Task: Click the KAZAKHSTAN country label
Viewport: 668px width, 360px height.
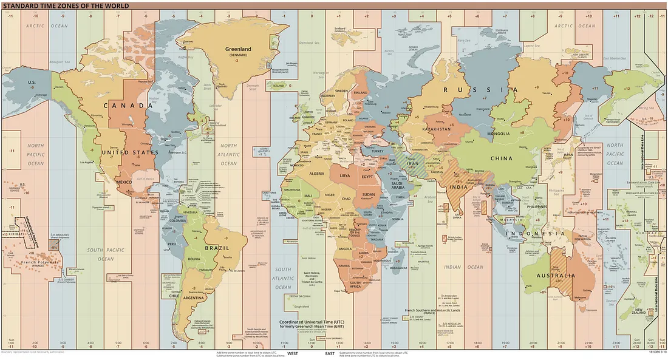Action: (x=435, y=129)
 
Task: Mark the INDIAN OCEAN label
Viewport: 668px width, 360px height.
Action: (x=463, y=267)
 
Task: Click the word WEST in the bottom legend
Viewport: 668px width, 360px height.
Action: (x=293, y=353)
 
